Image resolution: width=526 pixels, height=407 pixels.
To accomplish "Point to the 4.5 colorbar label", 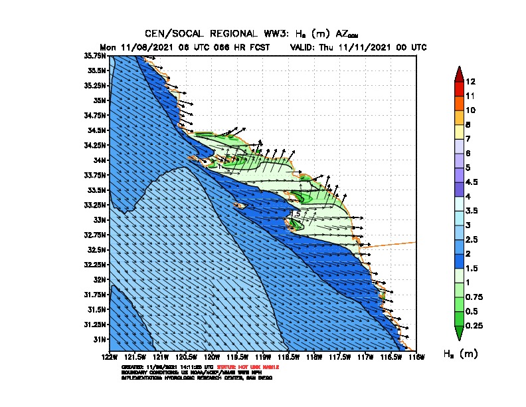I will pyautogui.click(x=472, y=182).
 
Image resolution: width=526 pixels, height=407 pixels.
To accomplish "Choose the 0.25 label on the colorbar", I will pyautogui.click(x=474, y=325).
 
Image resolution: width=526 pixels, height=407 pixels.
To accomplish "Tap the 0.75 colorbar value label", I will pyautogui.click(x=474, y=297).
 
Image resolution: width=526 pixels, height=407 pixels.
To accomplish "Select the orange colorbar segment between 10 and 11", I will pyautogui.click(x=458, y=103).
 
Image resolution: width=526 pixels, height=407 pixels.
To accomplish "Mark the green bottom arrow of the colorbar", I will pyautogui.click(x=458, y=333).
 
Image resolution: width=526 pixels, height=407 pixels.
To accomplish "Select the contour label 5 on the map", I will pyautogui.click(x=298, y=213).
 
